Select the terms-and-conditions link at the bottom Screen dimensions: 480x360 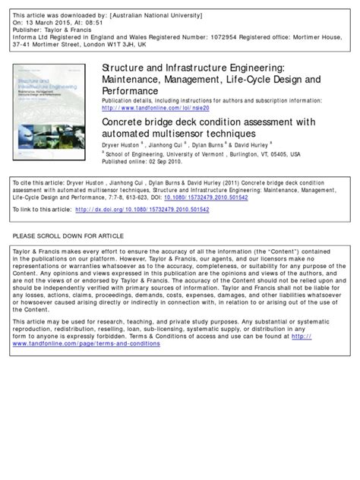coord(86,343)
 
